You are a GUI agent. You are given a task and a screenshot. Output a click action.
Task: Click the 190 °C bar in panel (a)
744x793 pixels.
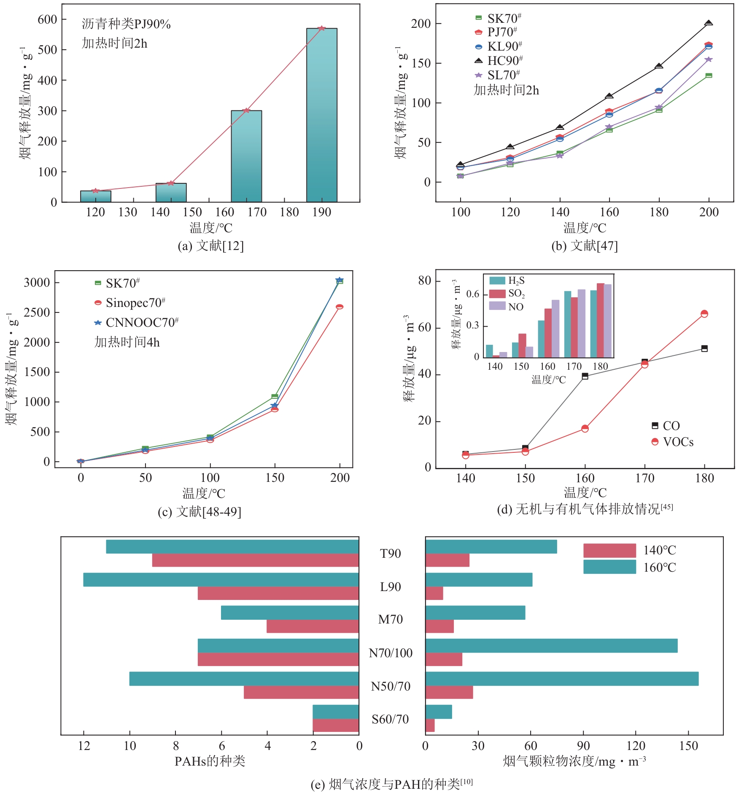point(321,115)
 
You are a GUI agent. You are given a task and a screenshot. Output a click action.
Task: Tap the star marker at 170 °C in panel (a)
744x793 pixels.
point(246,110)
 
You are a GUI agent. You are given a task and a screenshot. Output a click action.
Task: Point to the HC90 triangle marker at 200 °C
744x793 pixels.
point(709,24)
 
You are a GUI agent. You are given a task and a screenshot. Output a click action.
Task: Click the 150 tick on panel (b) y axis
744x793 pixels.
point(421,63)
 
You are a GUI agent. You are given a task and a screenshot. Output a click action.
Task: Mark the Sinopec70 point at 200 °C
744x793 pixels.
point(340,307)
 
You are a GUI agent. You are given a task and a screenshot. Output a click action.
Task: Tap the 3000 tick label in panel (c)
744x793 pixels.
point(37,282)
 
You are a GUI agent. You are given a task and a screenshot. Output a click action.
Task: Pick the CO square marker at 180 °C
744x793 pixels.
point(704,348)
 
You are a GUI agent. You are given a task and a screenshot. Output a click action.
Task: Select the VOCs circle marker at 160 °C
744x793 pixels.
point(585,428)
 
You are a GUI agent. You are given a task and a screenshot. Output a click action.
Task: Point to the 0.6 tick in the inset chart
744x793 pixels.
point(473,294)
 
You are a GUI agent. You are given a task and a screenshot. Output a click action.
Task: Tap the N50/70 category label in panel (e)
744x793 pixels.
point(391,686)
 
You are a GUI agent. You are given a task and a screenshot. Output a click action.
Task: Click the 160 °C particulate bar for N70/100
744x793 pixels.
point(551,646)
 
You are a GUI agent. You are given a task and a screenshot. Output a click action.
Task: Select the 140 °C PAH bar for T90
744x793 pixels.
point(255,560)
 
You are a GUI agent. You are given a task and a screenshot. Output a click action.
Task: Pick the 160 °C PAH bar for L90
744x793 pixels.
point(221,580)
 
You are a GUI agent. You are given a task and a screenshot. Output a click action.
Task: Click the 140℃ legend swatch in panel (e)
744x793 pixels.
point(609,551)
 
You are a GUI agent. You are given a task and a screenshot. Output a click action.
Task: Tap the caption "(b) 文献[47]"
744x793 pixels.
point(585,246)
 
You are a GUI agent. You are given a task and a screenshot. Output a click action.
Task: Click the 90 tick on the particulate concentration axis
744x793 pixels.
point(583,746)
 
